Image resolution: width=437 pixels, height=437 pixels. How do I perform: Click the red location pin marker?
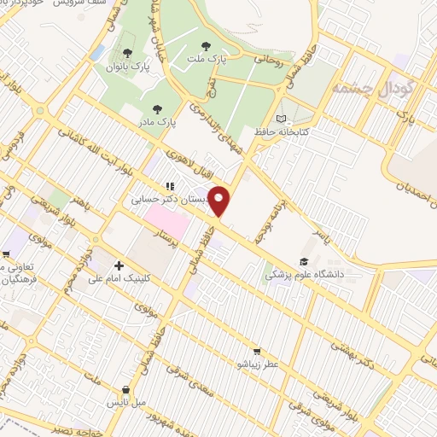pyautogui.click(x=220, y=201)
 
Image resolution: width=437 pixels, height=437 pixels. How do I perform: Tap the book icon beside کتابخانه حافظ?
pyautogui.click(x=283, y=118)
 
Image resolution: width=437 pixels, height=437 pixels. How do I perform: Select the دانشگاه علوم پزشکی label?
pyautogui.click(x=306, y=275)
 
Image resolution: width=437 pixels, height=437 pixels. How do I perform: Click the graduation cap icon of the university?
pyautogui.click(x=305, y=261)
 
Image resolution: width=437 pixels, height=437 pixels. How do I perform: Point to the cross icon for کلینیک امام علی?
pyautogui.click(x=119, y=266)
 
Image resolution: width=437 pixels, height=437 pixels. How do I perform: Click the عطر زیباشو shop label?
pyautogui.click(x=255, y=364)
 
